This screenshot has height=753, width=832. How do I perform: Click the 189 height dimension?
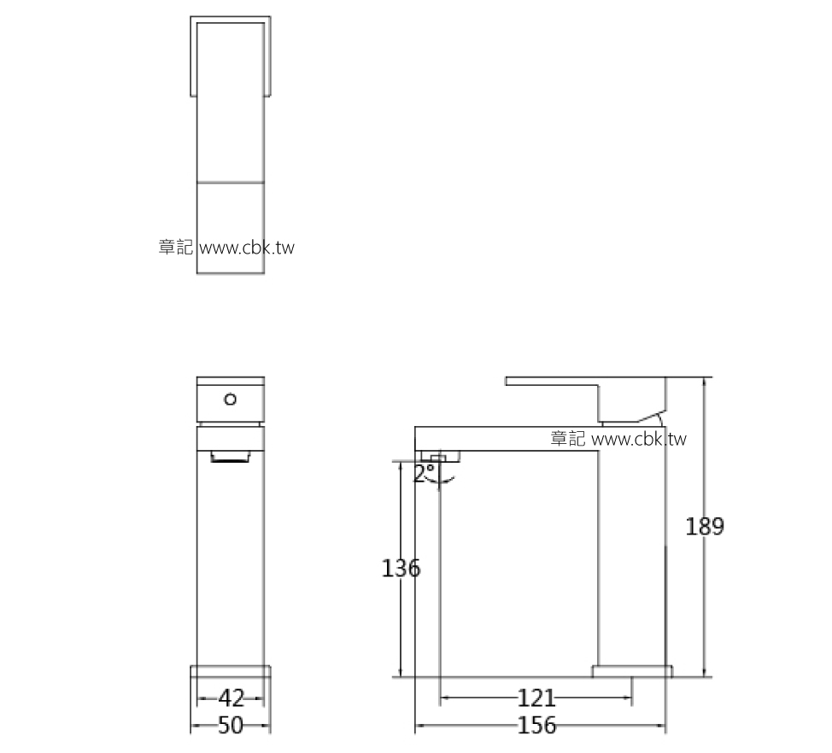click(705, 527)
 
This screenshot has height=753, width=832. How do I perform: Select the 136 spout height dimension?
click(401, 568)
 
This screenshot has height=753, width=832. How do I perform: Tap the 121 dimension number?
click(536, 698)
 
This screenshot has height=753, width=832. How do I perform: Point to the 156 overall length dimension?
click(536, 726)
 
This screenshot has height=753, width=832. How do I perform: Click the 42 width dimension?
click(231, 698)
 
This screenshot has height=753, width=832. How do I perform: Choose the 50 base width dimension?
click(230, 726)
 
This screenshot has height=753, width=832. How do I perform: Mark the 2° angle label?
click(423, 474)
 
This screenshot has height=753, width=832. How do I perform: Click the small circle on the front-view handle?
click(230, 399)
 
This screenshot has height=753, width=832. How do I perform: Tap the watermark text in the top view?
click(226, 248)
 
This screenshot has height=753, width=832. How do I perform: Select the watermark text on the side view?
click(618, 439)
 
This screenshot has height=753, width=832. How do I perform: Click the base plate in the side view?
click(632, 671)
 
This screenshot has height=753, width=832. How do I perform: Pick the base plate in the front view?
click(230, 671)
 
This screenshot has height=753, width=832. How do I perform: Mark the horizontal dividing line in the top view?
click(231, 182)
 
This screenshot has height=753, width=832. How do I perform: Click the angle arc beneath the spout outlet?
click(446, 481)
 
